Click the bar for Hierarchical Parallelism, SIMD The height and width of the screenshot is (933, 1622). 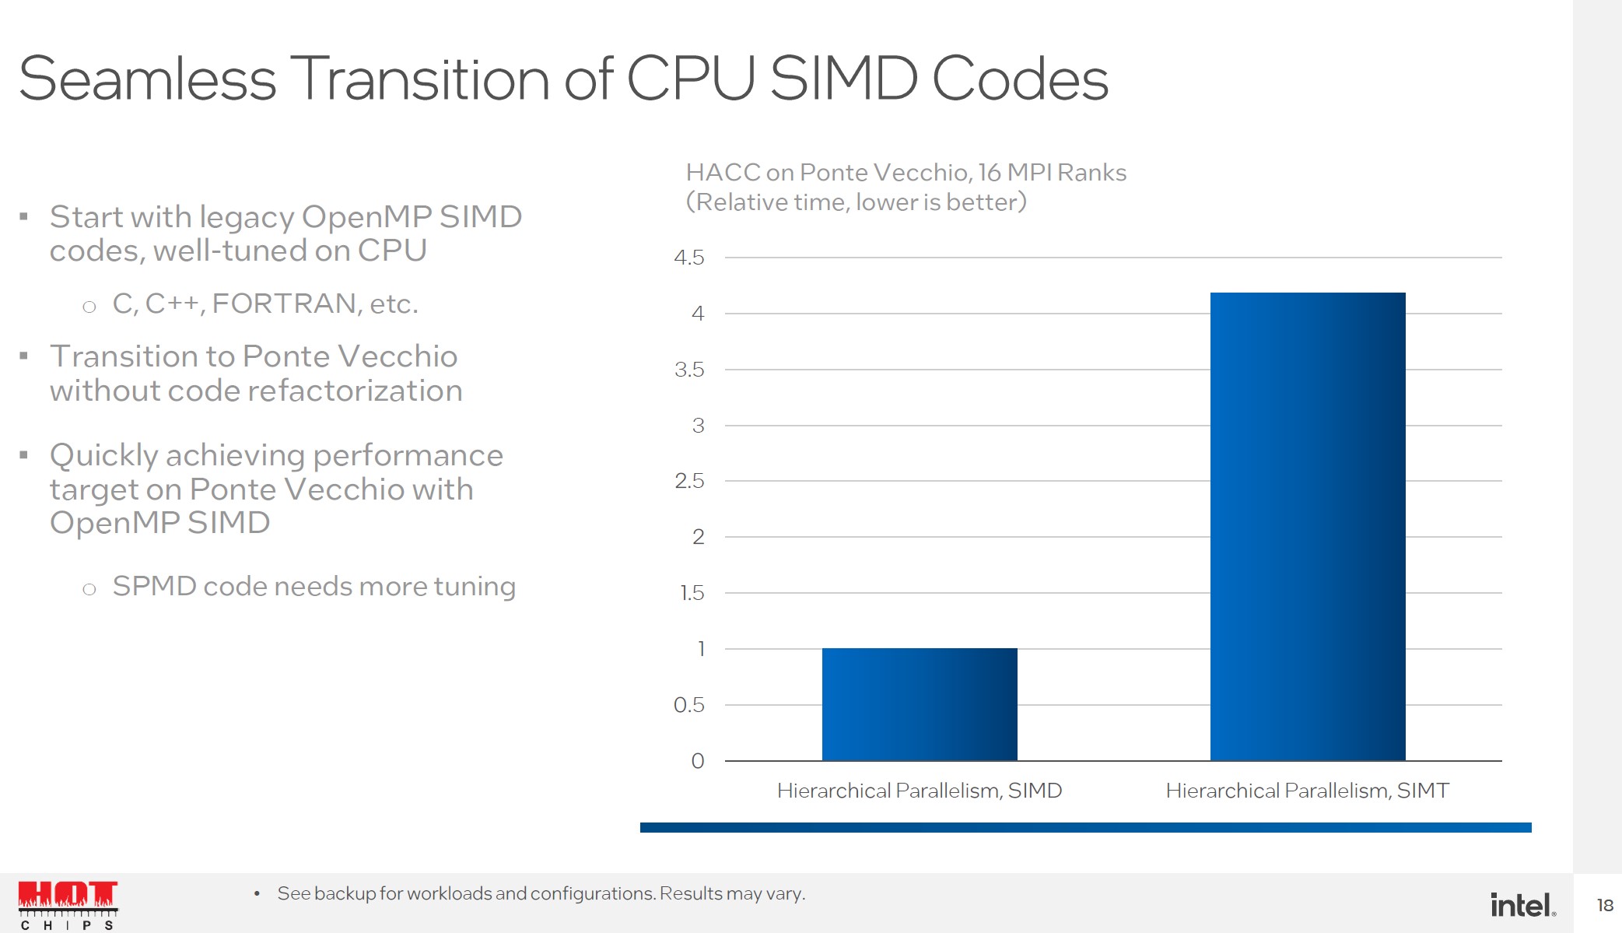click(x=920, y=704)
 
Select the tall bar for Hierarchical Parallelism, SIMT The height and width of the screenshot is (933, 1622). click(x=1308, y=527)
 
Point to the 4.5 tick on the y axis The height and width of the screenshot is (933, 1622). click(x=689, y=258)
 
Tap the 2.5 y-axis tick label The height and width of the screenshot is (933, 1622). click(x=689, y=481)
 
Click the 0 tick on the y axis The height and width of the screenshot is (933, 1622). click(x=698, y=761)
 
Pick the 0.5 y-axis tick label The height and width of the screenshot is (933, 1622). click(x=689, y=705)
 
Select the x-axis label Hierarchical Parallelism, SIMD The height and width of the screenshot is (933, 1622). click(x=920, y=791)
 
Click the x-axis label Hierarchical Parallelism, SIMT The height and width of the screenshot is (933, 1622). click(x=1308, y=791)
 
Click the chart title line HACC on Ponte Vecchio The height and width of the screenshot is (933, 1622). click(x=906, y=172)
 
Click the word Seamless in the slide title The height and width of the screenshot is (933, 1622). click(x=148, y=79)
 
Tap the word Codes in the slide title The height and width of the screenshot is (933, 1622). click(x=1020, y=79)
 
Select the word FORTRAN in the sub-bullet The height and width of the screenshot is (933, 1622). click(x=285, y=303)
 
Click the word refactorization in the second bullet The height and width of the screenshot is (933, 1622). click(x=355, y=391)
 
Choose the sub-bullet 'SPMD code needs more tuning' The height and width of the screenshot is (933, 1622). click(x=314, y=586)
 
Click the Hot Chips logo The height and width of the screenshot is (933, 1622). click(x=68, y=905)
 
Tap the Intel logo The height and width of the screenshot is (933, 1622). click(x=1522, y=905)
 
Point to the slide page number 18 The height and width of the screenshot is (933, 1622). click(x=1605, y=905)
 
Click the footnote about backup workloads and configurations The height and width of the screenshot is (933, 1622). click(x=541, y=893)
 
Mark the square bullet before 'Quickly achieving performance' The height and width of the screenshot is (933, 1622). click(x=24, y=455)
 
